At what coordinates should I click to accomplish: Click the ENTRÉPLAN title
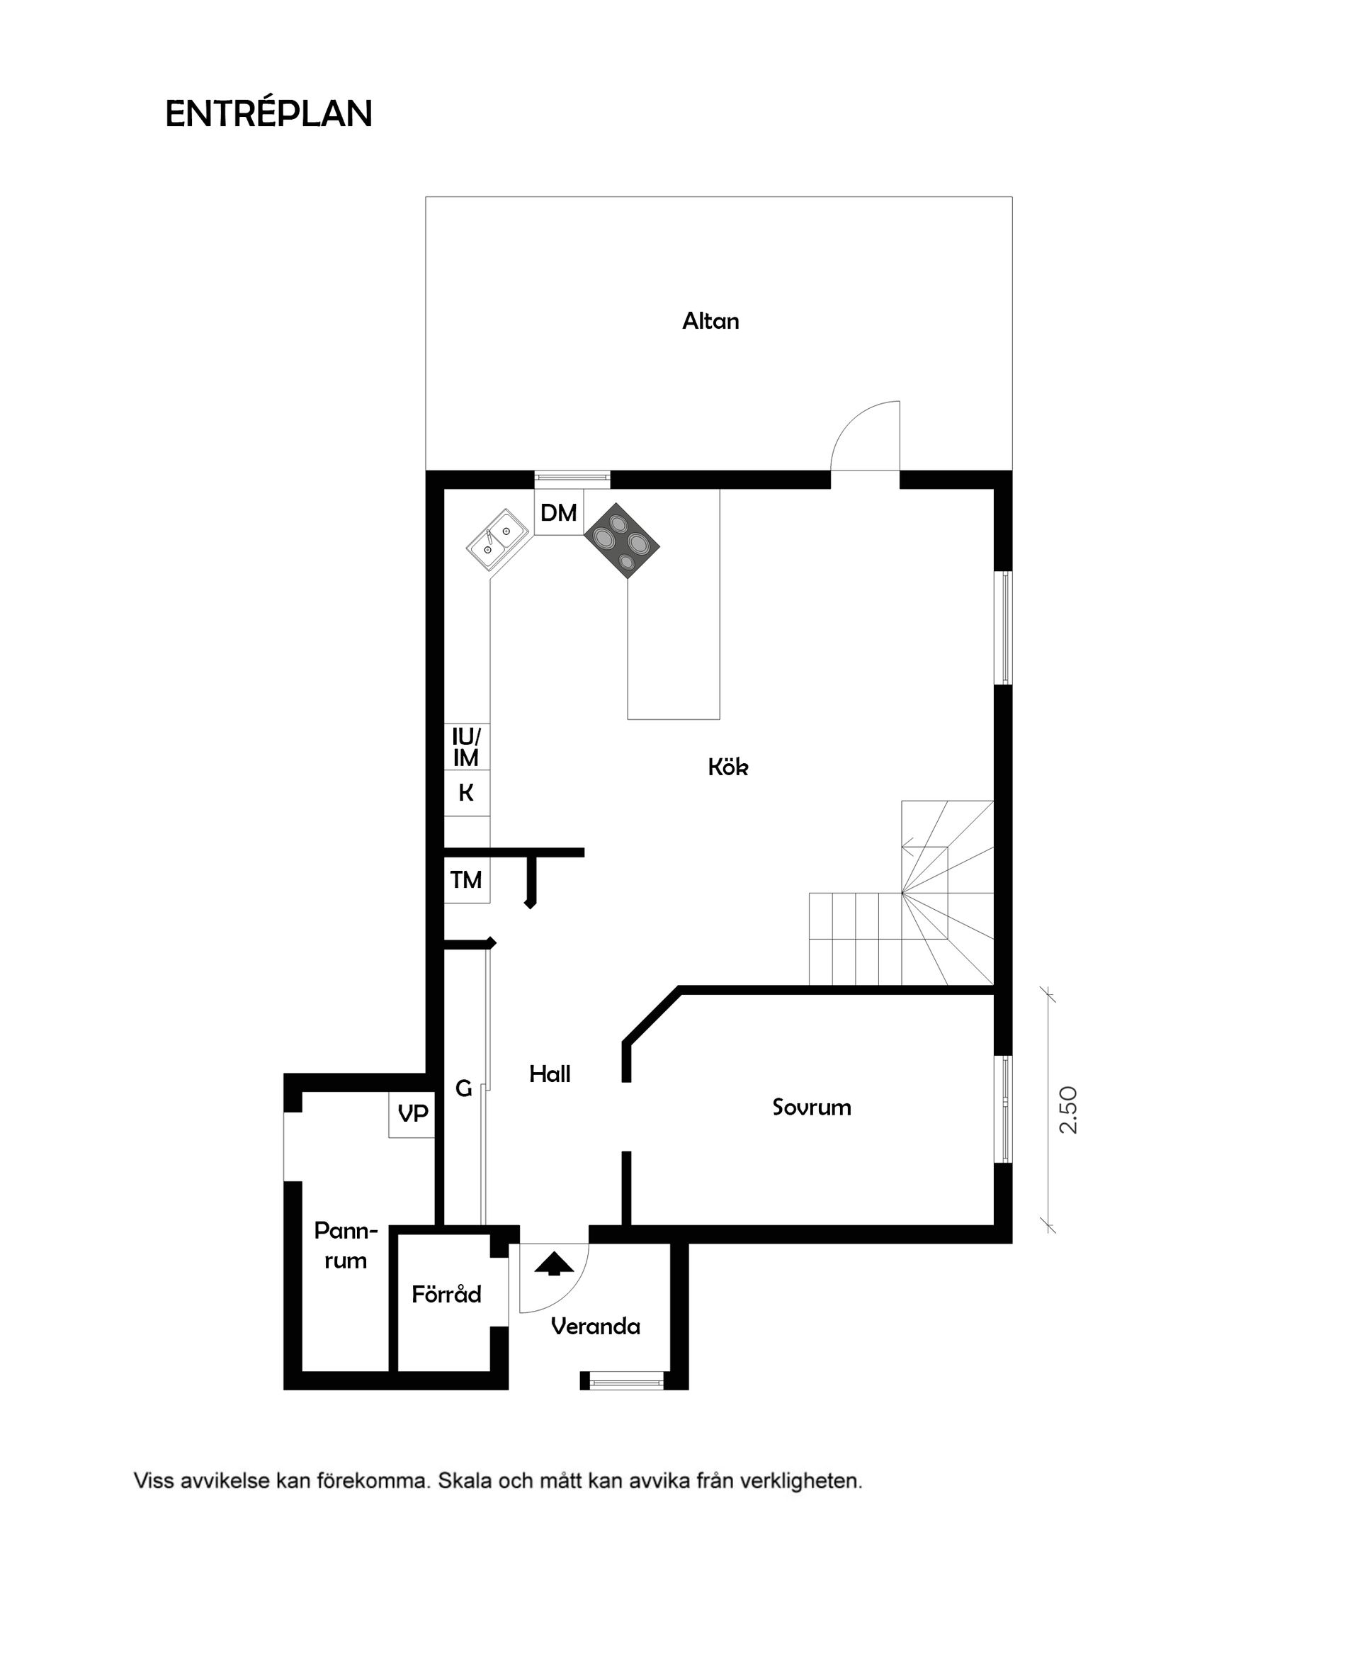coord(268,114)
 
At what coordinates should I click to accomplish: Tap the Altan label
coord(710,321)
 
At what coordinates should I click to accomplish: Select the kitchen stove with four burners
coord(621,541)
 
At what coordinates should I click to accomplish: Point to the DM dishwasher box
coord(559,512)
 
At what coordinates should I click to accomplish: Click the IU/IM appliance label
coord(466,747)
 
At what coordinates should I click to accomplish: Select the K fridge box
coord(466,793)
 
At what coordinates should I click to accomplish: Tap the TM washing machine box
coord(466,880)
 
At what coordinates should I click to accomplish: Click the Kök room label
coord(727,767)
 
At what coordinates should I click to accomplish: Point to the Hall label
coord(549,1074)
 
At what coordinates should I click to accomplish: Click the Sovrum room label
coord(811,1108)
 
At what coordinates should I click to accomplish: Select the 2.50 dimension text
coord(1069,1110)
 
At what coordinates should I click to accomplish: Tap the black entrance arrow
coord(554,1264)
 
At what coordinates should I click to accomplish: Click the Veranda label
coord(596,1326)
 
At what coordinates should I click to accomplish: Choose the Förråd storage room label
coord(446,1295)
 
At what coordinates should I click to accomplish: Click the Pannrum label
coord(346,1246)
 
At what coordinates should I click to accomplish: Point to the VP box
coord(412,1113)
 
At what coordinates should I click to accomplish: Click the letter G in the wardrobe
coord(463,1088)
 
